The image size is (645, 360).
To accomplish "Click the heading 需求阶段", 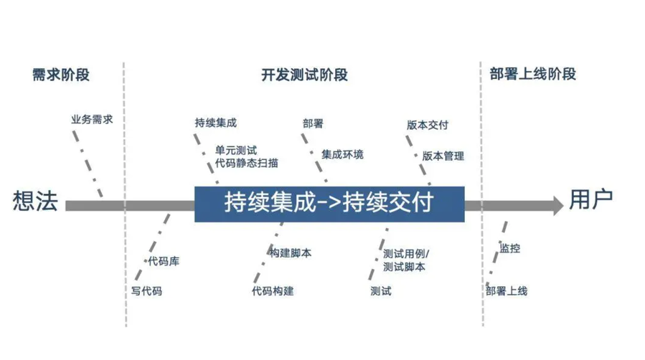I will [62, 75].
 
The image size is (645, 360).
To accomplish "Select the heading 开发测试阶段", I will [304, 75].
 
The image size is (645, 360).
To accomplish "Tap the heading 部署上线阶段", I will [533, 75].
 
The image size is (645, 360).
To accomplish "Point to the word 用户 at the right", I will [591, 200].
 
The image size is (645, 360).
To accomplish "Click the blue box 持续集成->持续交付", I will [329, 204].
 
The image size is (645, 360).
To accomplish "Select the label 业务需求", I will [92, 120].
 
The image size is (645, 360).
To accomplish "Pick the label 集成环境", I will [342, 154].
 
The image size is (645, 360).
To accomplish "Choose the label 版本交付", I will [428, 124].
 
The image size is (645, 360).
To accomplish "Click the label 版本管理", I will [443, 156].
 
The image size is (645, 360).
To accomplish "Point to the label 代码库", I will [164, 261].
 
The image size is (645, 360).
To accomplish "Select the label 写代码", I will [146, 291].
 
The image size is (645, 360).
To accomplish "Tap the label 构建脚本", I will [291, 253].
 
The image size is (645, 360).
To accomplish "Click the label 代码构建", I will [273, 291].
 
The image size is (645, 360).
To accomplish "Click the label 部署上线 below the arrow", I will [507, 291].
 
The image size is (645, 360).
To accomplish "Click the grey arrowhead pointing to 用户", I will [556, 206].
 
